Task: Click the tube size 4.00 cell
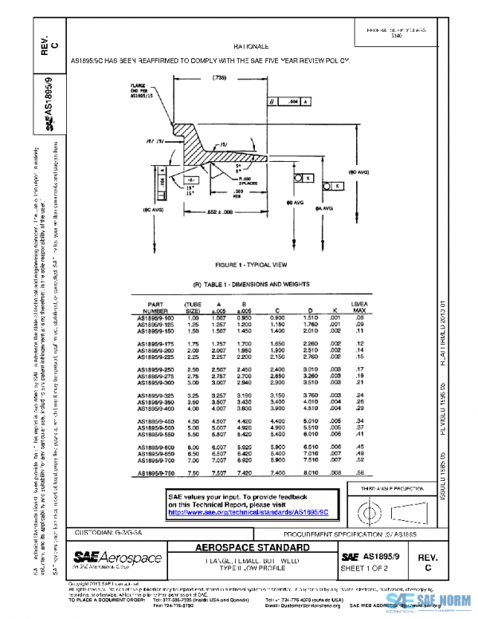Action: point(191,409)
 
